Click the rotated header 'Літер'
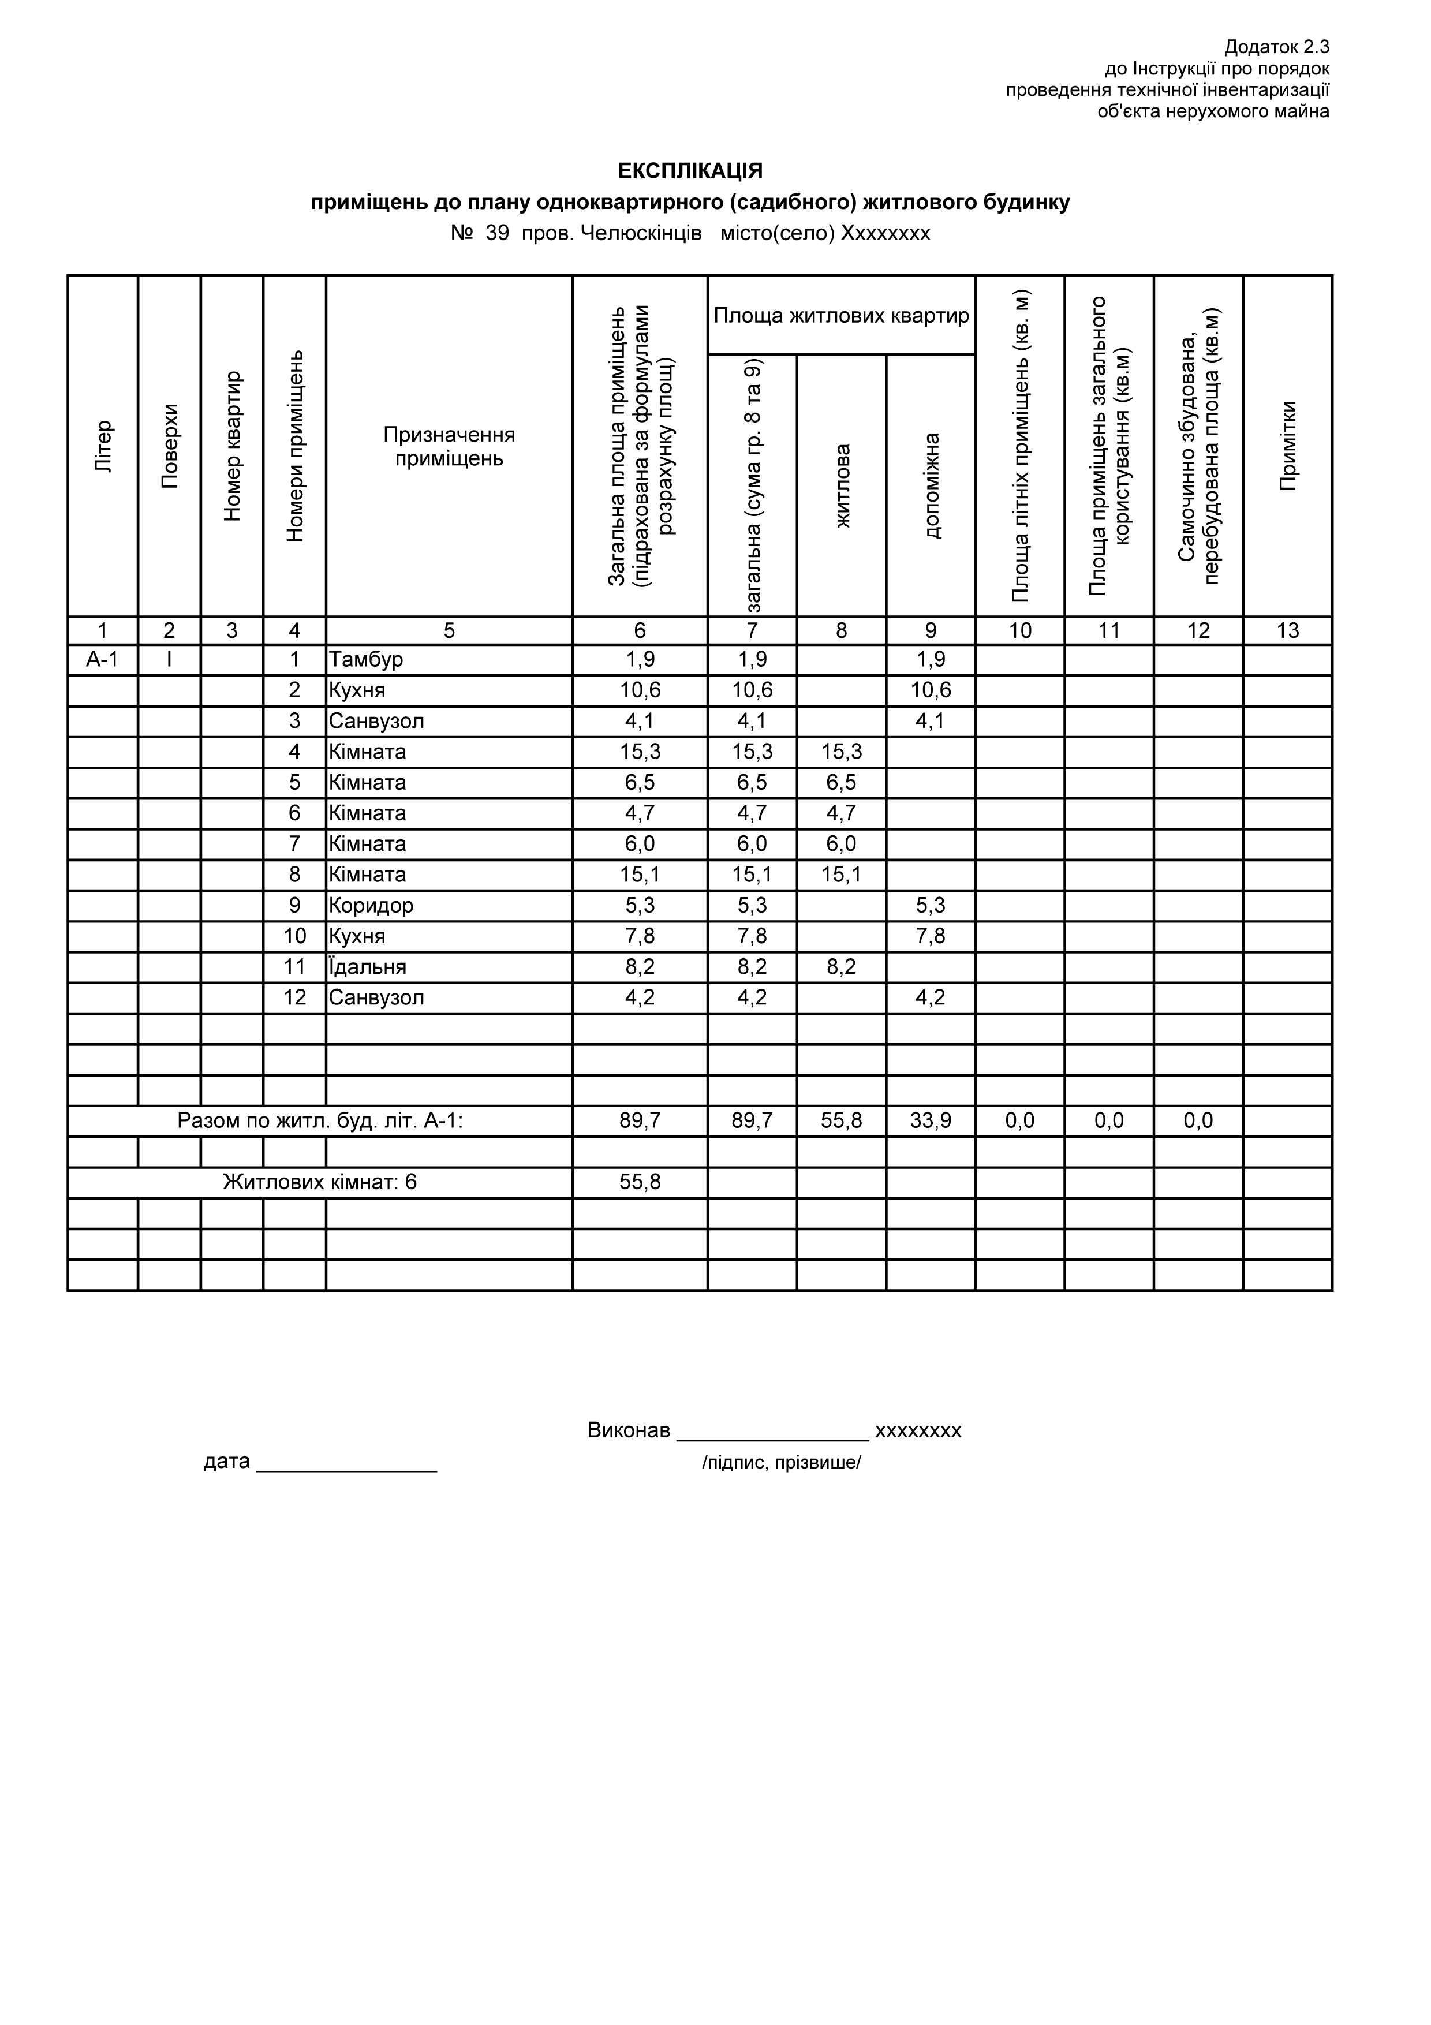(103, 446)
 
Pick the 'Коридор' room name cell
(371, 906)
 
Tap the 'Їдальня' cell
(368, 967)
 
